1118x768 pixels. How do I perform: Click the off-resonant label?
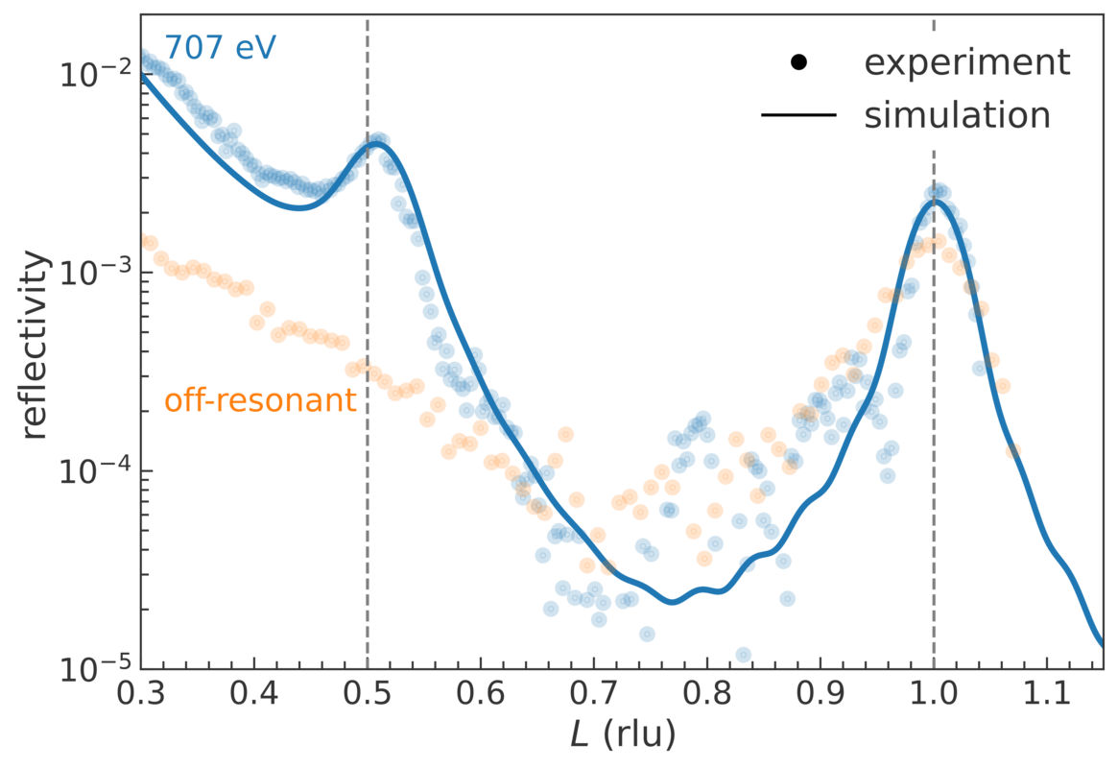point(260,400)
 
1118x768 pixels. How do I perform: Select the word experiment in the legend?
point(966,62)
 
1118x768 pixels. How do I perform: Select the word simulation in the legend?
point(957,115)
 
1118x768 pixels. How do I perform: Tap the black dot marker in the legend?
point(799,63)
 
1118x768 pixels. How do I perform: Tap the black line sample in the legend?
point(799,116)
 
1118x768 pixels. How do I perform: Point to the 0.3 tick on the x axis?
point(141,694)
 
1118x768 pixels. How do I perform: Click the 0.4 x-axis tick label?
point(254,694)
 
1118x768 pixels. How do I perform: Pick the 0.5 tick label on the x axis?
point(367,694)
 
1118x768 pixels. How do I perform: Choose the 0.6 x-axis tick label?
point(480,694)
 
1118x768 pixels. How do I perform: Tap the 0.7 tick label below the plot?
point(594,694)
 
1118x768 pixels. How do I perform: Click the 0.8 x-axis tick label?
point(707,694)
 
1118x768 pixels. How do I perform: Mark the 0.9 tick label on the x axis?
point(821,694)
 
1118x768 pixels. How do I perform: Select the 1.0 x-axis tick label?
point(934,694)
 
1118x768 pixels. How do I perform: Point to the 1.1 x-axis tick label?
point(1047,694)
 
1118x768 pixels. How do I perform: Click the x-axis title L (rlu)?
point(623,736)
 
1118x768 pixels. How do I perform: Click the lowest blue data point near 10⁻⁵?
point(743,655)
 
